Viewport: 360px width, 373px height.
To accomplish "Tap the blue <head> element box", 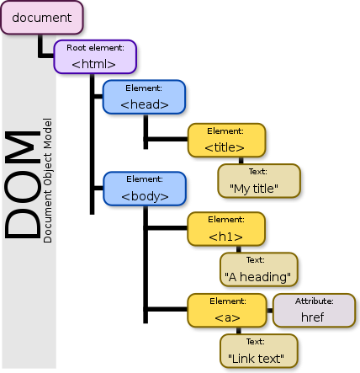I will pyautogui.click(x=144, y=98).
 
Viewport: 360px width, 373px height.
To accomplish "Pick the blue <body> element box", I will pyautogui.click(x=144, y=189).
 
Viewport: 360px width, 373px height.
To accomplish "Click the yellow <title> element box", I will pyautogui.click(x=225, y=140).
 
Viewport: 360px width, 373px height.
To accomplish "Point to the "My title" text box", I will pyautogui.click(x=259, y=181).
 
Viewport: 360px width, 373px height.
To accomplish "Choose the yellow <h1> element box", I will pyautogui.click(x=225, y=230).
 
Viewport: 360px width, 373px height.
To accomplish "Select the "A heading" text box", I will pyautogui.click(x=259, y=270).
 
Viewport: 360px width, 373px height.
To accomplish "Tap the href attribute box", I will pyautogui.click(x=311, y=311).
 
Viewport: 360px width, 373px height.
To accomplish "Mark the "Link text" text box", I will pyautogui.click(x=259, y=351).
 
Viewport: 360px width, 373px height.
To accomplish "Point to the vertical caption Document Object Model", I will pyautogui.click(x=48, y=185).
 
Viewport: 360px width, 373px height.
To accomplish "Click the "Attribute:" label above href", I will pyautogui.click(x=311, y=301).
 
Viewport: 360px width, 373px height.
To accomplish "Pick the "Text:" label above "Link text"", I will pyautogui.click(x=259, y=342).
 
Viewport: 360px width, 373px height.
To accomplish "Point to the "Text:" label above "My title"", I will pyautogui.click(x=259, y=171).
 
